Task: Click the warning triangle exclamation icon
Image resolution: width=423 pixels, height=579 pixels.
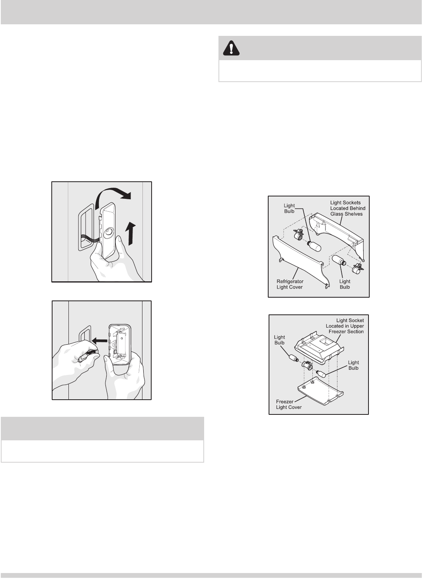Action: point(231,48)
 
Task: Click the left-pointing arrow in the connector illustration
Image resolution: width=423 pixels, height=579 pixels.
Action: point(100,340)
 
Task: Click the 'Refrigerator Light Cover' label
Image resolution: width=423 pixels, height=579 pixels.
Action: point(290,284)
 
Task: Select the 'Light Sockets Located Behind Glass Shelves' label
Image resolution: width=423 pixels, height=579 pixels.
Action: point(348,208)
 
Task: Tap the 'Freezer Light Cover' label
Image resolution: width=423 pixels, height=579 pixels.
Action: point(288,404)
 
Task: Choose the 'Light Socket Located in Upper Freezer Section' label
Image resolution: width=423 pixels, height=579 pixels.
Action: point(345,326)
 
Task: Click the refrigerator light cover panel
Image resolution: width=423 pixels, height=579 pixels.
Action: point(301,261)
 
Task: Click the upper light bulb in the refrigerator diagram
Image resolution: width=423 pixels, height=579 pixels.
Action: point(314,246)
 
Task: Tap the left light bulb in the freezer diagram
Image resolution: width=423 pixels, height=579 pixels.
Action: point(294,358)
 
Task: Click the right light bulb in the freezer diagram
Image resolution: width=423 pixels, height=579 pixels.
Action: point(321,373)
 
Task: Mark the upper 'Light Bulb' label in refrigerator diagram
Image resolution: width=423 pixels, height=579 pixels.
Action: point(289,208)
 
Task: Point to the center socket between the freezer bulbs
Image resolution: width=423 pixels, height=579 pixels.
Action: point(307,365)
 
